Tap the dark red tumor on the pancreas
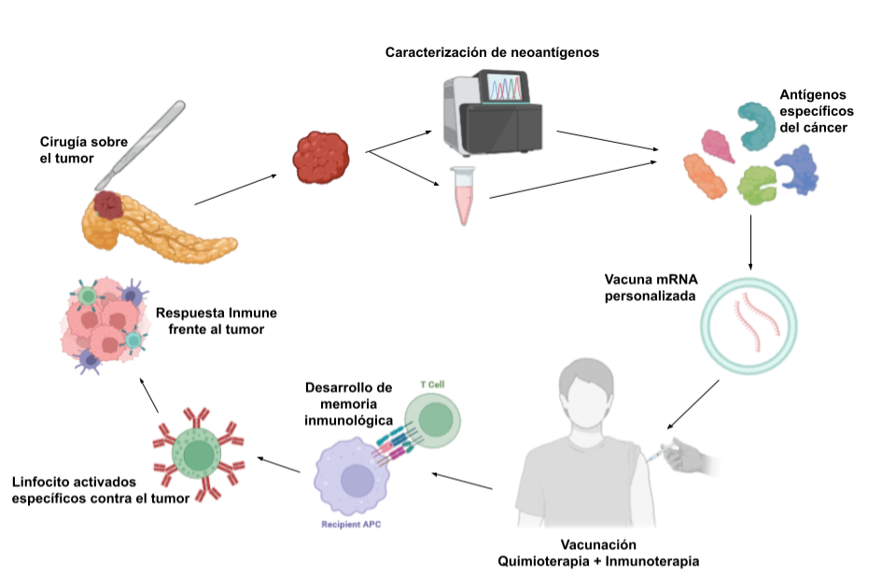pos(109,204)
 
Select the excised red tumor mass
pos(319,156)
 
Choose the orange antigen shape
pos(705,175)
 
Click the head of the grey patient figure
pos(585,391)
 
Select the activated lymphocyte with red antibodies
pos(198,454)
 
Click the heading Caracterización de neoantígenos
pos(492,52)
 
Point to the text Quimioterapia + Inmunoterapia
pos(598,560)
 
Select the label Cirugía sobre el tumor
pos(84,149)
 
